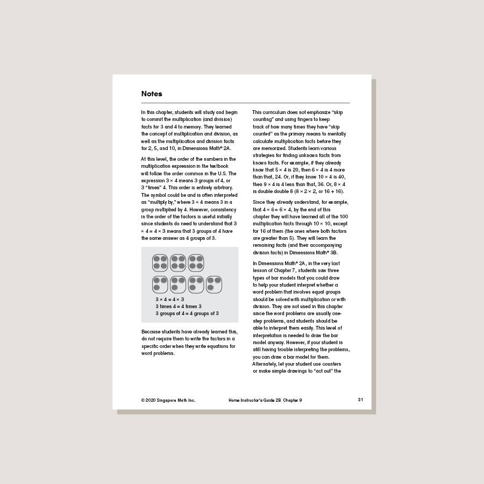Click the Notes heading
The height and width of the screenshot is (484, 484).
tap(152, 94)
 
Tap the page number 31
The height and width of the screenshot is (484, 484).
tap(360, 400)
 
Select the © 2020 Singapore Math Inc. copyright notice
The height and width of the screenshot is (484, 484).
tap(168, 400)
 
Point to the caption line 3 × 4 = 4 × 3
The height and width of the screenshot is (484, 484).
tap(170, 299)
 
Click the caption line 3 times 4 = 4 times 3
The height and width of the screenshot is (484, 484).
tap(179, 306)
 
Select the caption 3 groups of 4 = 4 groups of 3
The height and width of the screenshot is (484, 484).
tap(187, 313)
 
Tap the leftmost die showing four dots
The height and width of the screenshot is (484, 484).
tap(160, 262)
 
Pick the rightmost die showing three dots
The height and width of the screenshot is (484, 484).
tap(214, 284)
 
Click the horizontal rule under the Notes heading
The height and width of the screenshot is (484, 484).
tap(245, 103)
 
